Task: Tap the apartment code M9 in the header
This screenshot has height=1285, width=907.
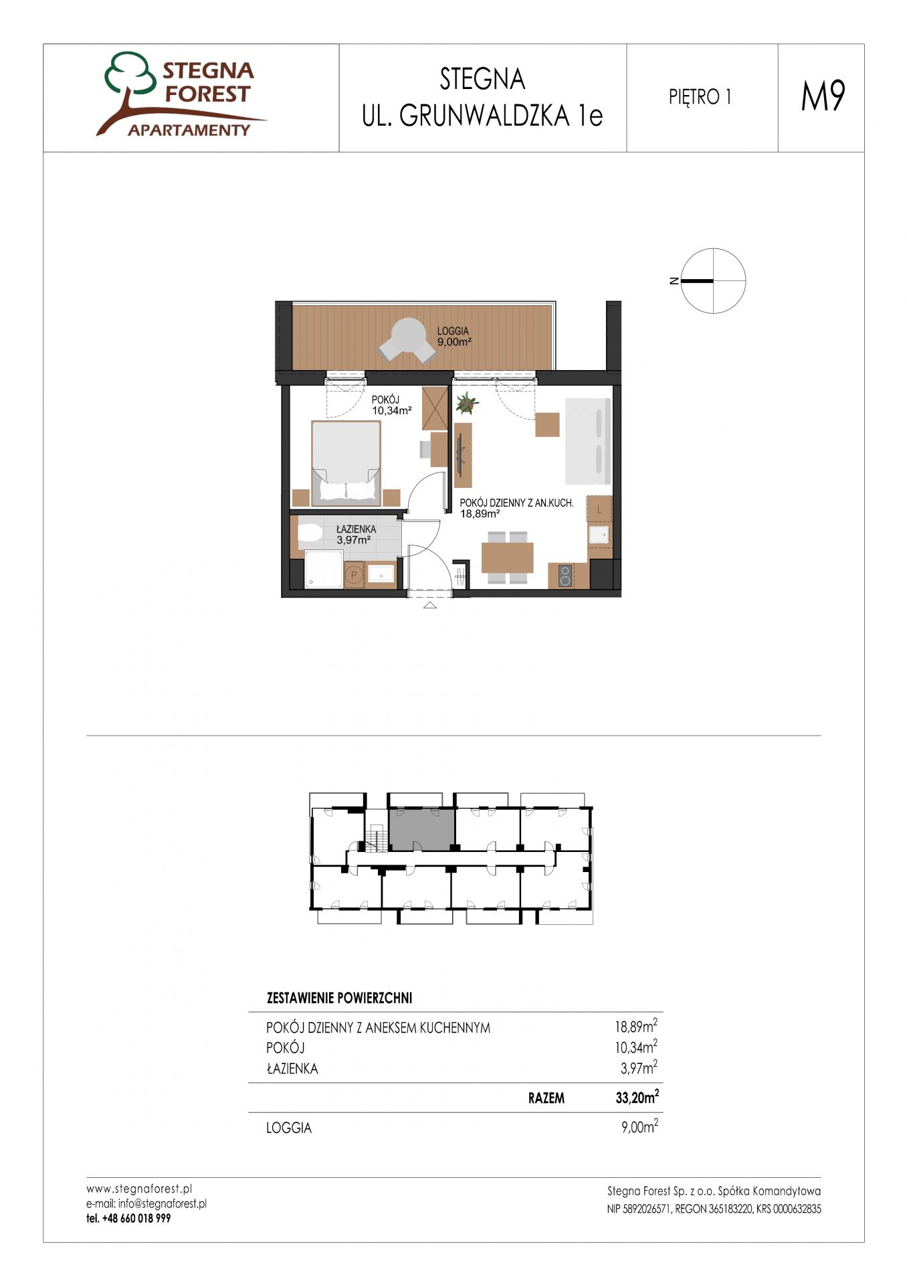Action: coord(823,96)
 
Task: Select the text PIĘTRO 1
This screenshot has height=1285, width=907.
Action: coord(700,98)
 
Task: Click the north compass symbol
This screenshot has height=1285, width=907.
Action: coord(712,281)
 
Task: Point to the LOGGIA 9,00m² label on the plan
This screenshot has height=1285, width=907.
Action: coord(454,336)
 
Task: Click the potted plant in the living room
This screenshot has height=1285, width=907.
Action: coord(466,403)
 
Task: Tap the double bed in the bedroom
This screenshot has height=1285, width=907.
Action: coord(346,462)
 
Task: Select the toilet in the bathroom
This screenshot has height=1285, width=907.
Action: coord(310,533)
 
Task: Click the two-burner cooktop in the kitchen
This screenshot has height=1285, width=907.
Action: coord(565,576)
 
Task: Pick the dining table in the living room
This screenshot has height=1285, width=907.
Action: coord(507,558)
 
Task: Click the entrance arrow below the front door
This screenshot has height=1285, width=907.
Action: coord(429,606)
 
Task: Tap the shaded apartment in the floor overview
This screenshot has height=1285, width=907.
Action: coord(422,829)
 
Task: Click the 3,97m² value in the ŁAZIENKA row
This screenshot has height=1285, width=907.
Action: coord(638,1068)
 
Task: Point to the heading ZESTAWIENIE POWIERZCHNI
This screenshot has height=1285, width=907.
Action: coord(339,998)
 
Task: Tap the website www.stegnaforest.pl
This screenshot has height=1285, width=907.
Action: coord(139,1189)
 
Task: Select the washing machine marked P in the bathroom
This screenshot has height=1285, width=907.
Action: coord(354,575)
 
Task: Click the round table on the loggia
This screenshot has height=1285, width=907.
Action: coord(407,333)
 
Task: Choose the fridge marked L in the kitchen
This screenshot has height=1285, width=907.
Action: coord(599,509)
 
